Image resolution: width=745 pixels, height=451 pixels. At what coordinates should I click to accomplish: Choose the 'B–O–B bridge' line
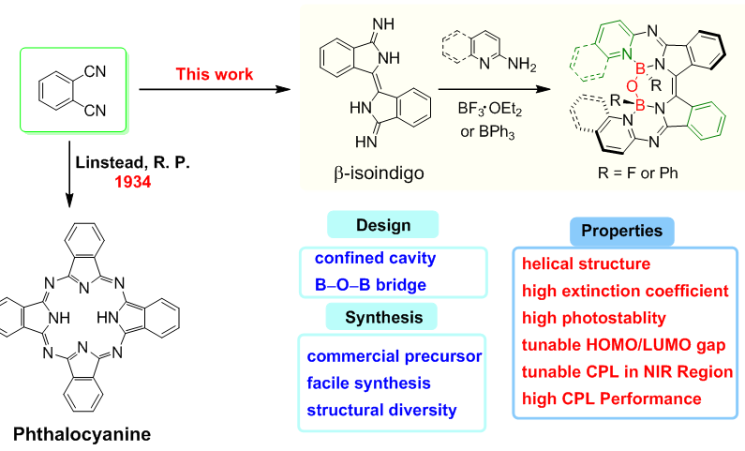361,281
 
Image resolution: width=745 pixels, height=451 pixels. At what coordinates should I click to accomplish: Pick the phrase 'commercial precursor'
393,357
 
